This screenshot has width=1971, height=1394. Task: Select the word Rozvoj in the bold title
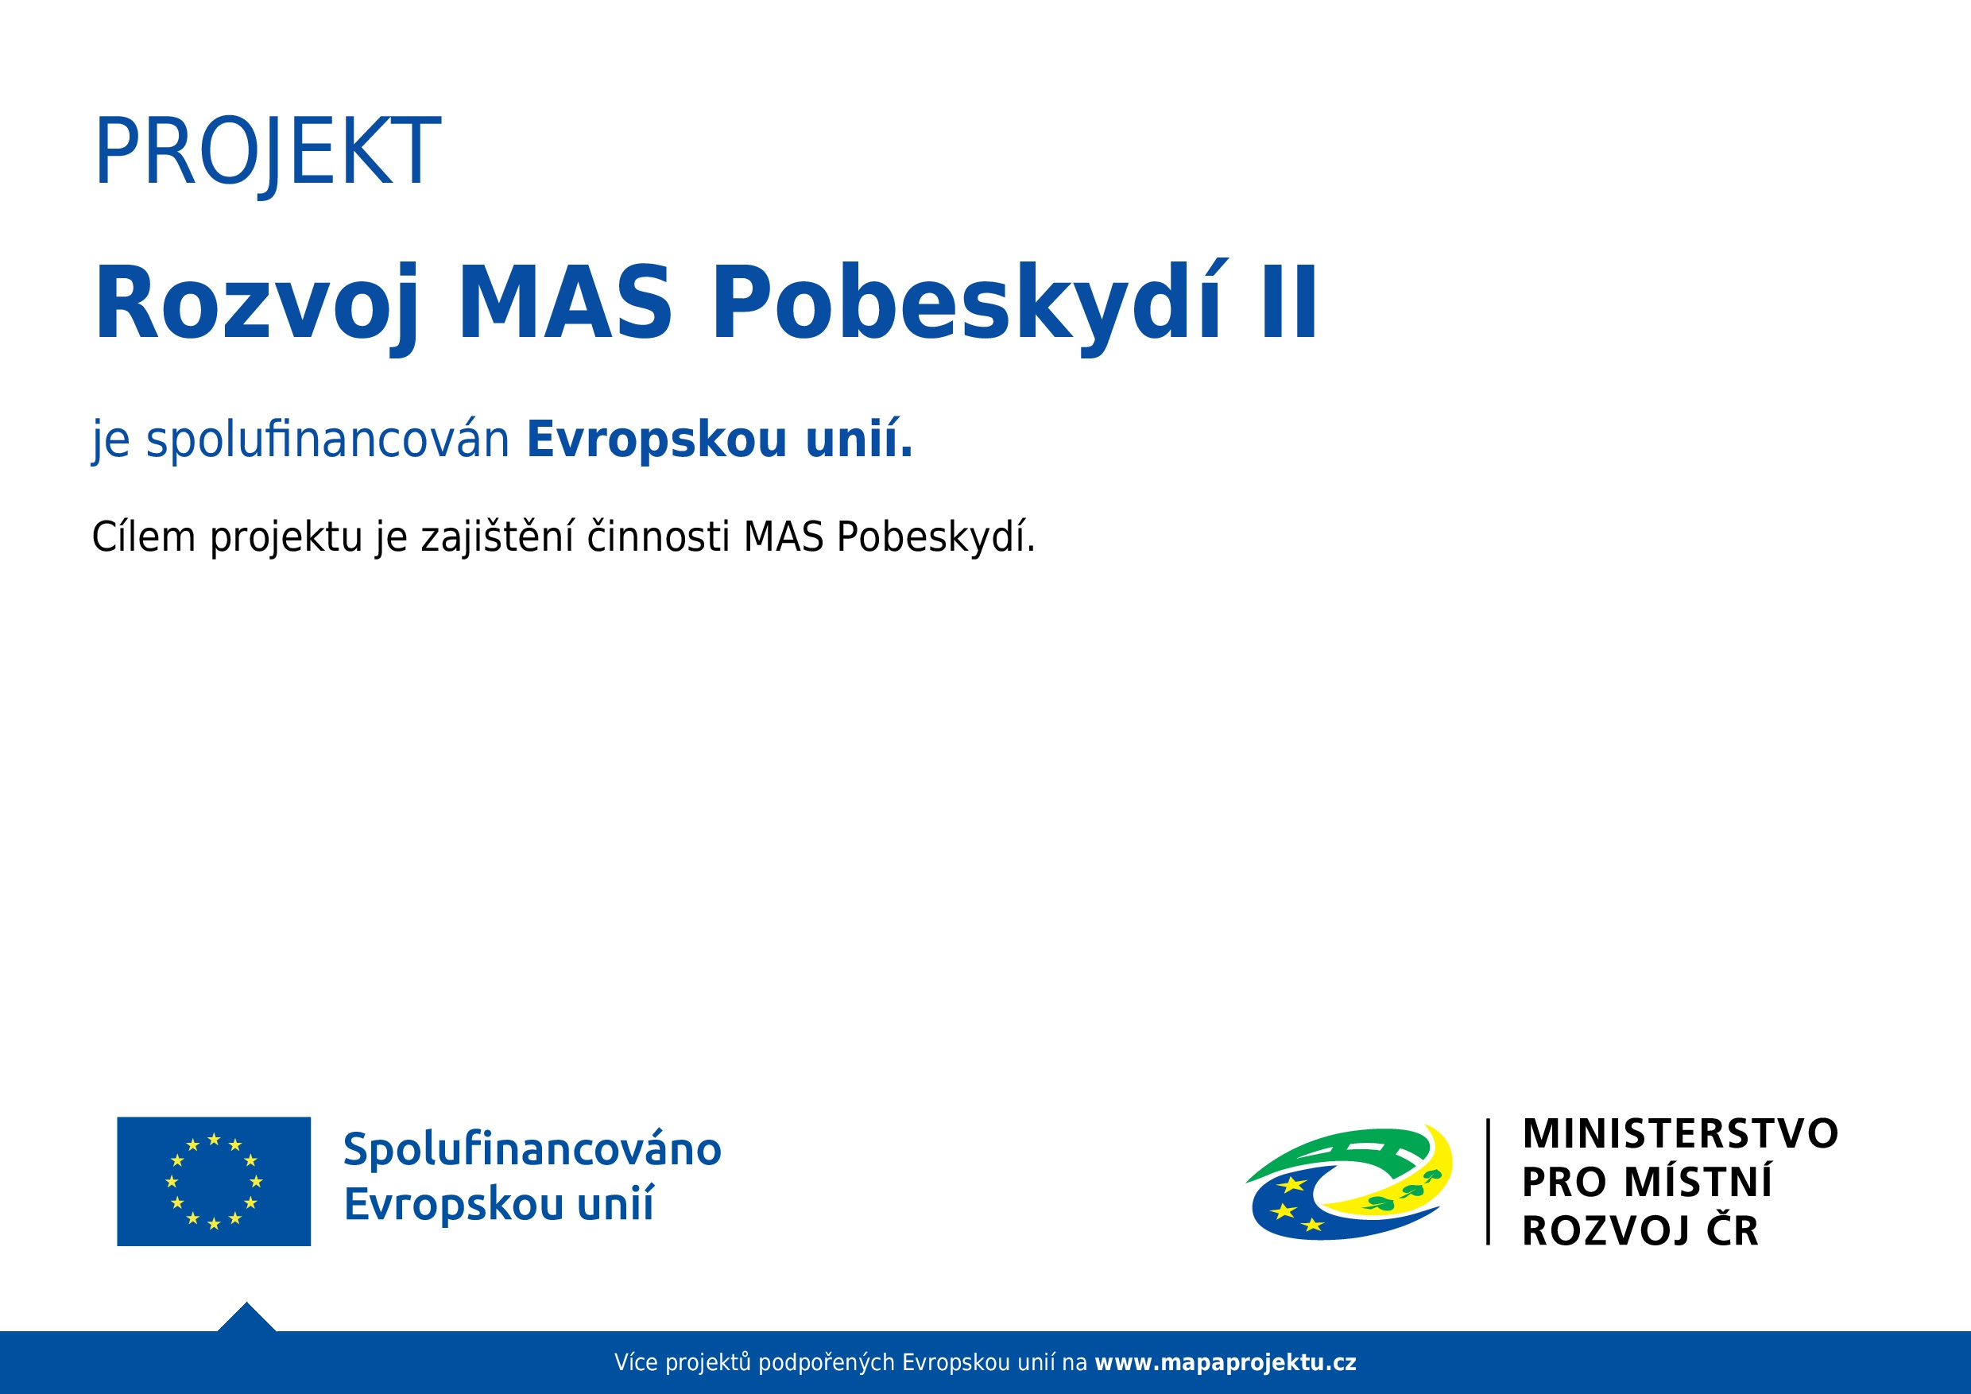pyautogui.click(x=258, y=308)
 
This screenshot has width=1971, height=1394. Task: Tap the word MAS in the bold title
pyautogui.click(x=565, y=302)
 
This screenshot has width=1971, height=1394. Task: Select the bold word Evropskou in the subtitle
pyautogui.click(x=656, y=440)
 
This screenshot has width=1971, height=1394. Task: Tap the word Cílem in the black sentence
pyautogui.click(x=144, y=536)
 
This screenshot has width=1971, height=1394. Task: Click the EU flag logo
pyautogui.click(x=214, y=1181)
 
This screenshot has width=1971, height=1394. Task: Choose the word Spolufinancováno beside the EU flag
pyautogui.click(x=532, y=1150)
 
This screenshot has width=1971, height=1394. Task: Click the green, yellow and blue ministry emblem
pyautogui.click(x=1349, y=1182)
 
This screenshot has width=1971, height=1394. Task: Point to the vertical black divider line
pyautogui.click(x=1488, y=1181)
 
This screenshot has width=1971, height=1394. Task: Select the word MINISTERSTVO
pyautogui.click(x=1680, y=1133)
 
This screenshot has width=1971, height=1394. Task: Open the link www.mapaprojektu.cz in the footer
pyautogui.click(x=1225, y=1362)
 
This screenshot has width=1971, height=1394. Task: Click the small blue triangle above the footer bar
pyautogui.click(x=247, y=1318)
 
